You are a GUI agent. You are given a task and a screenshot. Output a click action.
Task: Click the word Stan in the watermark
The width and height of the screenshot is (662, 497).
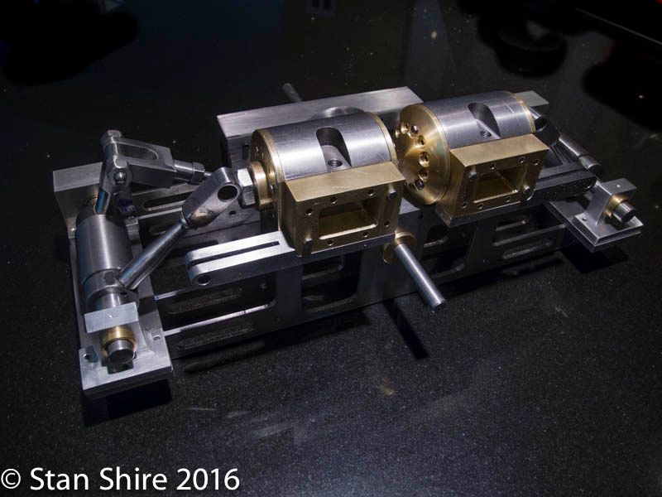[59, 479]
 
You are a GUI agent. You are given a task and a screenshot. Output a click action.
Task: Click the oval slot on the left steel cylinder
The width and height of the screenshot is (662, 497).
[333, 147]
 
